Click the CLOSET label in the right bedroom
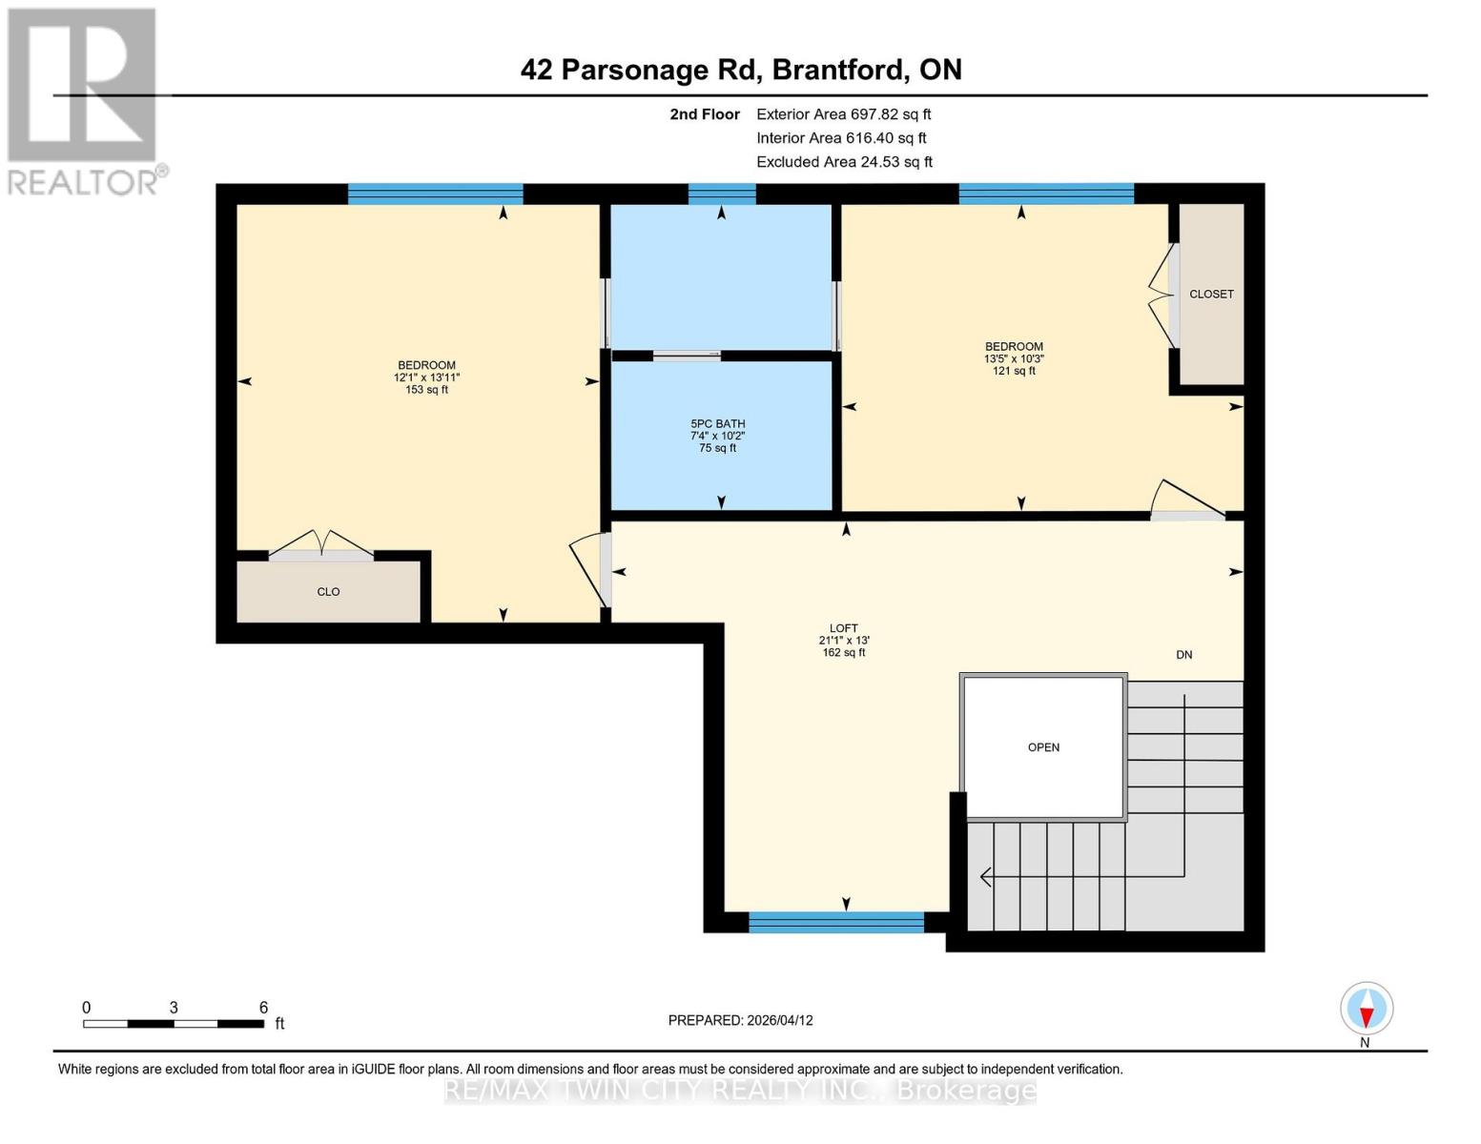point(1211,295)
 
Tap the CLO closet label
point(328,592)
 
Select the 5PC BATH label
point(718,436)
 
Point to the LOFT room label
point(844,641)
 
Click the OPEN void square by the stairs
point(1043,747)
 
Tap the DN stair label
point(1183,655)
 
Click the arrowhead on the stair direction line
point(986,876)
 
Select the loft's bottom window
point(836,922)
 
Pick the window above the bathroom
point(722,194)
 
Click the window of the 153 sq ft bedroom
point(435,194)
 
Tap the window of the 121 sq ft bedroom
point(1046,194)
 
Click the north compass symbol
point(1367,1010)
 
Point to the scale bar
point(174,1024)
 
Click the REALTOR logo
point(84,101)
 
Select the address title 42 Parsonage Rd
point(741,70)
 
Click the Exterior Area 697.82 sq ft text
point(843,114)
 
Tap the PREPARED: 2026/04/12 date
point(740,1020)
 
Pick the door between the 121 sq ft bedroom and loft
point(1187,503)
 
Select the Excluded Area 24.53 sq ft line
point(844,162)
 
